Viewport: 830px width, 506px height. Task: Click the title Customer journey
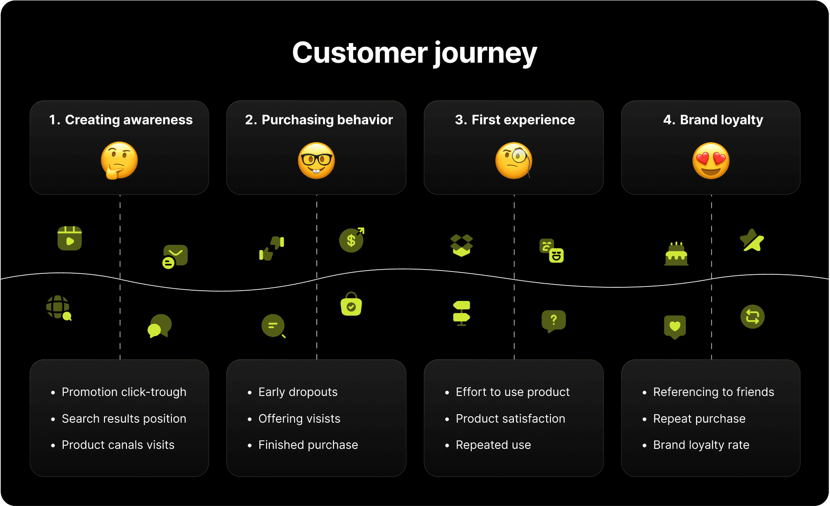click(415, 53)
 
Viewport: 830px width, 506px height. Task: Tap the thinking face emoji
click(119, 161)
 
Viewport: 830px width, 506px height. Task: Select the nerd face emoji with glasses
click(317, 161)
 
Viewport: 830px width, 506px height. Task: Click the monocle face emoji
click(514, 161)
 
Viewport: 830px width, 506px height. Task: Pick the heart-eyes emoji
click(711, 161)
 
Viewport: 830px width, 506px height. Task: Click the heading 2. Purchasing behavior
click(319, 120)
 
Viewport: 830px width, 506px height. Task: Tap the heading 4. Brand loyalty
click(713, 120)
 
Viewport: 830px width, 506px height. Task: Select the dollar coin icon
click(351, 240)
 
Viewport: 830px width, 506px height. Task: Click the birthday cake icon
click(676, 254)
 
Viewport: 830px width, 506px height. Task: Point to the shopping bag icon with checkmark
click(351, 304)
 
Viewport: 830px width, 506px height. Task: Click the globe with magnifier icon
click(59, 308)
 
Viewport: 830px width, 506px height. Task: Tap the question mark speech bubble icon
click(554, 321)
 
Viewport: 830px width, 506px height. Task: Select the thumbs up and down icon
click(272, 248)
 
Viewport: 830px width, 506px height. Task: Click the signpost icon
click(461, 313)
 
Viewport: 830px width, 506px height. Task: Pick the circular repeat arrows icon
click(752, 317)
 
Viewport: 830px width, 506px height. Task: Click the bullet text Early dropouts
click(298, 392)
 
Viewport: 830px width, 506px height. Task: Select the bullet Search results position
click(124, 418)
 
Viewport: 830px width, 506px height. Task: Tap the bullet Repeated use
click(493, 445)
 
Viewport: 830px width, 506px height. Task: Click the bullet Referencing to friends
click(713, 392)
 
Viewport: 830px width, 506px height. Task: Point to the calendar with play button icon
click(70, 238)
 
